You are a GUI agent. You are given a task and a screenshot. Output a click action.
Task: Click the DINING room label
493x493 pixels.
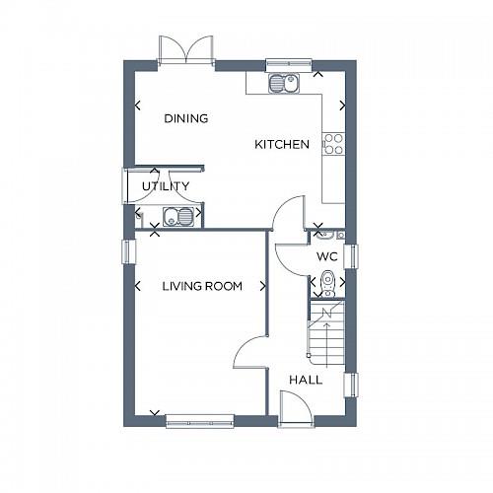[x=185, y=118]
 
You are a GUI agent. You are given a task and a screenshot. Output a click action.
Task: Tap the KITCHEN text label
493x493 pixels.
[x=282, y=145]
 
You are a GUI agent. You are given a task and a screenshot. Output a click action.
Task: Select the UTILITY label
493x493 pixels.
[x=165, y=186]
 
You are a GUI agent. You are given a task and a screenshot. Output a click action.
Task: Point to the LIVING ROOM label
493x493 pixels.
[x=202, y=287]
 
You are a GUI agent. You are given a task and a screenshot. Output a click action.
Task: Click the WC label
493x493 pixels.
[x=327, y=256]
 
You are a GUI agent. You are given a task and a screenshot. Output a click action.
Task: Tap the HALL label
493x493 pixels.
[x=305, y=380]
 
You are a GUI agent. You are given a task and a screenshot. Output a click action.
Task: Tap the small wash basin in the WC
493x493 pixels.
[x=326, y=234]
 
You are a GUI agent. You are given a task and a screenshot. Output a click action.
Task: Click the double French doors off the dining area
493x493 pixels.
[x=186, y=50]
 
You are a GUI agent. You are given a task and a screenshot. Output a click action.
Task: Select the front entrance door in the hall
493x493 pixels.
[x=294, y=407]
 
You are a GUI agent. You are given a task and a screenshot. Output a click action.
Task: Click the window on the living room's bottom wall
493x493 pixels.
[x=200, y=421]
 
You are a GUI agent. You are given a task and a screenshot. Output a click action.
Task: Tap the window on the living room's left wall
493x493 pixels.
[x=125, y=251]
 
